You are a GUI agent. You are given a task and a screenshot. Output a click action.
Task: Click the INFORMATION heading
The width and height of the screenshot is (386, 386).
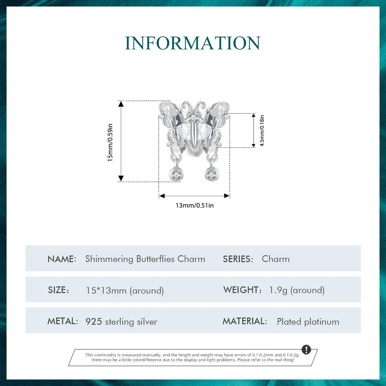tap(193, 43)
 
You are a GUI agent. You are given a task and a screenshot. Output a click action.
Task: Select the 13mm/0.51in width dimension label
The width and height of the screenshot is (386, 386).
tap(195, 205)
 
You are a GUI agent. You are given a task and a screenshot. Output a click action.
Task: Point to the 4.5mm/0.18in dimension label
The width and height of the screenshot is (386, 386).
tap(262, 130)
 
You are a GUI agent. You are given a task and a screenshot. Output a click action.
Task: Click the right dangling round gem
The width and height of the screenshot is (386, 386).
tap(211, 174)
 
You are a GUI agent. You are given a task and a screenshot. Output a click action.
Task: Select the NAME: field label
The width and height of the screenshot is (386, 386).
tap(62, 259)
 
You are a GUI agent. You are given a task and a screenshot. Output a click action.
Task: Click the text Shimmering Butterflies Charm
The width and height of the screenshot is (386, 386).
tap(145, 259)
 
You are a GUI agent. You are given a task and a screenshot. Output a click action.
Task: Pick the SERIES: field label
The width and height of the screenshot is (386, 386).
tap(238, 259)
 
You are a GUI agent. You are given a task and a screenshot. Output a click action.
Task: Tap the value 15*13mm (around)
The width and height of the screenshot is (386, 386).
tap(125, 290)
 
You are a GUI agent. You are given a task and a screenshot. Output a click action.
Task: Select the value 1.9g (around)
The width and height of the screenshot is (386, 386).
tap(297, 290)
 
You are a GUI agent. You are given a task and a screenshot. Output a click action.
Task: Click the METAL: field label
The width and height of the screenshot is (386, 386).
tap(62, 321)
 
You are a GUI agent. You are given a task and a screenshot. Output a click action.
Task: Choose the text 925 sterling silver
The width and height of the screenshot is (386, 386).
tap(121, 322)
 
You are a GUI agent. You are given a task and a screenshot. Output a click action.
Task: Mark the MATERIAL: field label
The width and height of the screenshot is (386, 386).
tap(245, 321)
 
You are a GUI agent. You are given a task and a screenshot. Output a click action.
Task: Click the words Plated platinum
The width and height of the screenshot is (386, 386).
tap(308, 322)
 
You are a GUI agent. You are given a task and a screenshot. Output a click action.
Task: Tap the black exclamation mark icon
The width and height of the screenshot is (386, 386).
tap(306, 349)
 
